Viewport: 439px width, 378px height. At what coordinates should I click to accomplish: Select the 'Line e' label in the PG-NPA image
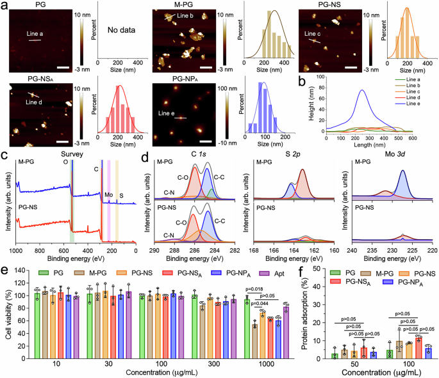coord(168,115)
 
